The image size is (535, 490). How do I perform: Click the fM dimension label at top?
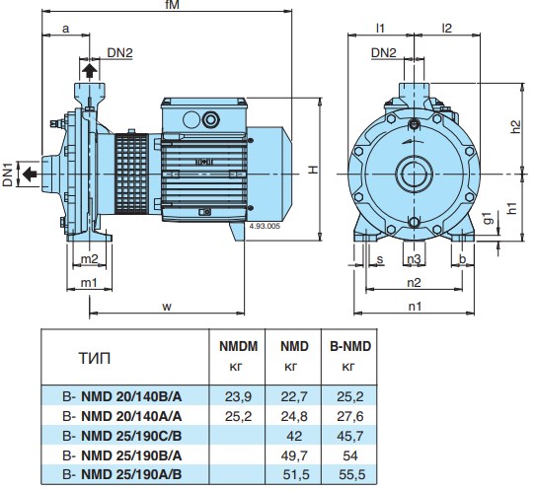173,4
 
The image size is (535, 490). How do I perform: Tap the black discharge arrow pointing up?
90,71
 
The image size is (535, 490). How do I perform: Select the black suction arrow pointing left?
30,175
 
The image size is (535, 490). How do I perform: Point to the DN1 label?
8,175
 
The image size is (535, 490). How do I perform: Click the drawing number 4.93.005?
265,226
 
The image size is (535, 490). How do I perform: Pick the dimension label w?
167,307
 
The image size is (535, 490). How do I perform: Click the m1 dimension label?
89,283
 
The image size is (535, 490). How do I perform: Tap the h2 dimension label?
516,127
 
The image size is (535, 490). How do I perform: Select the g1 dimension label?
489,218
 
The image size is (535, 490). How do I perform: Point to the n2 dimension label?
414,283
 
